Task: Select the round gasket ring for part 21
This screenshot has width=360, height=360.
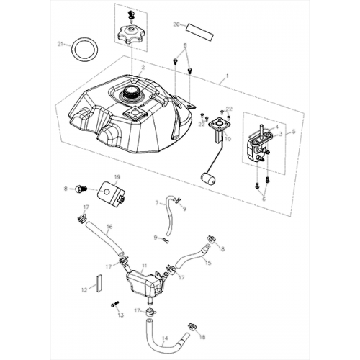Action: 84,51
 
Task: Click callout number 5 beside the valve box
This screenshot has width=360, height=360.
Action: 292,132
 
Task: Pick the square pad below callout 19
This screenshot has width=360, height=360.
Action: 112,192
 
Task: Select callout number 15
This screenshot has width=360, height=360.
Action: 207,263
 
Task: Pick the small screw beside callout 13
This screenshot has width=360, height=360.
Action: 114,305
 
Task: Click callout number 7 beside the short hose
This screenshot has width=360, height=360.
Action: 156,203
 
